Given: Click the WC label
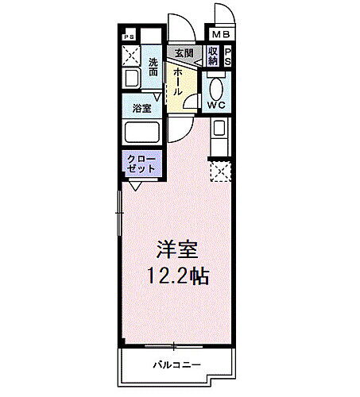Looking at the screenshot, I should tap(216, 104).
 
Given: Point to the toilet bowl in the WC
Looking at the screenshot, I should tap(216, 87).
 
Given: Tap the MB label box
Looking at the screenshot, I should tap(219, 35).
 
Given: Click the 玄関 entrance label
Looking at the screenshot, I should tap(184, 52).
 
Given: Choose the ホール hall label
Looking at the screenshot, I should tap(179, 80).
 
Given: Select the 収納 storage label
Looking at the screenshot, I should tap(213, 56).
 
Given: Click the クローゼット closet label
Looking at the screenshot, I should tap(141, 164).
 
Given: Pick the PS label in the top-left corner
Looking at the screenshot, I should tap(129, 36).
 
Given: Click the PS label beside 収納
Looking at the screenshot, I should tap(227, 56).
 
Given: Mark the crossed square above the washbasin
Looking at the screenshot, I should tap(131, 56).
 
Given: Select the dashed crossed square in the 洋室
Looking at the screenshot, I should tap(218, 170).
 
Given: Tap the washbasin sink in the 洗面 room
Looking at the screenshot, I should tap(131, 79).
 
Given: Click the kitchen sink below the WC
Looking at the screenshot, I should tap(219, 129).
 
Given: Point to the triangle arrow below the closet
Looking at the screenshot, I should tap(136, 187).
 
